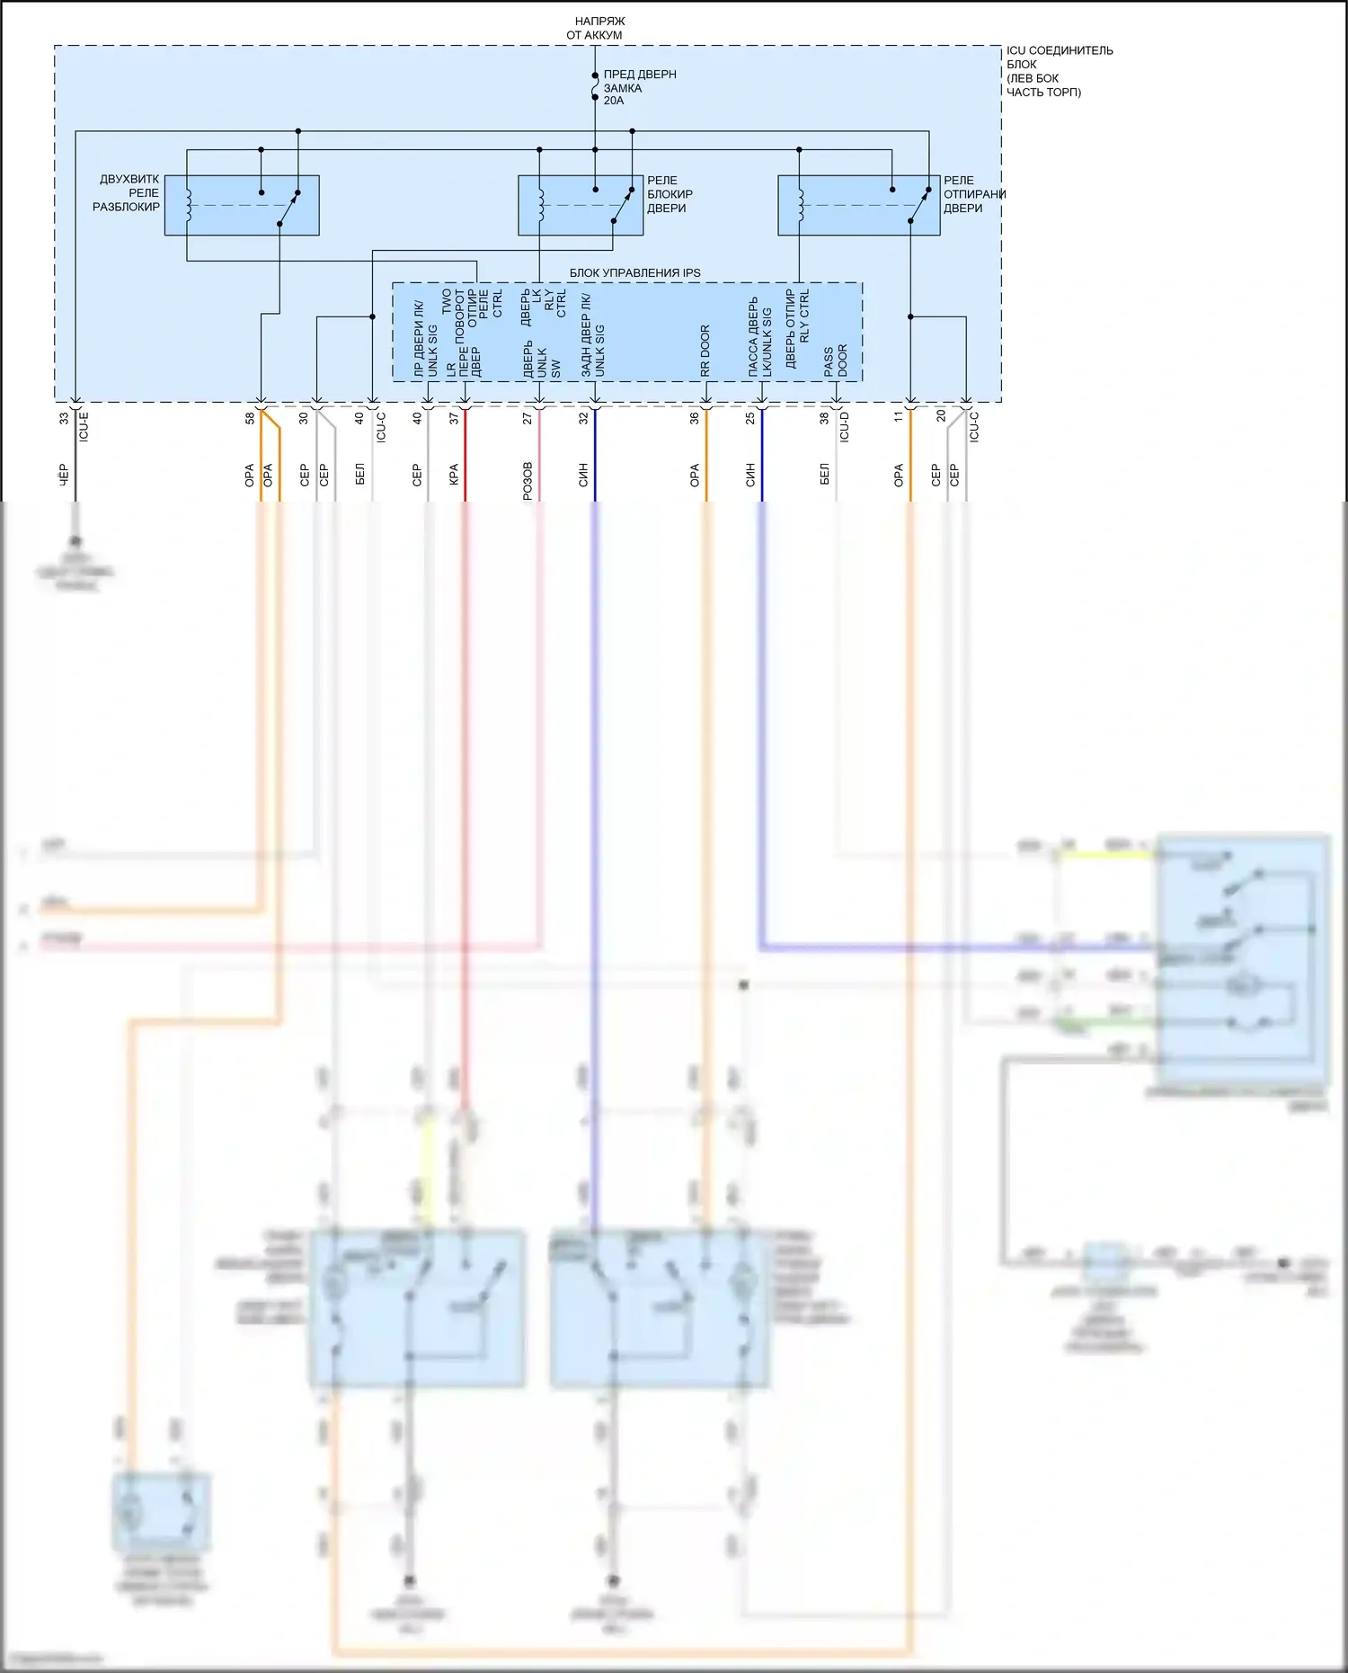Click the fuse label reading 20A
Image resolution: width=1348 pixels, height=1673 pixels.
(x=614, y=101)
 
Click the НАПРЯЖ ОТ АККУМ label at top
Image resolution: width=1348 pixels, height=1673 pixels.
(x=595, y=28)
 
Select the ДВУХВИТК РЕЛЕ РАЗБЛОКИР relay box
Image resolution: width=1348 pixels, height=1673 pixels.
(x=242, y=206)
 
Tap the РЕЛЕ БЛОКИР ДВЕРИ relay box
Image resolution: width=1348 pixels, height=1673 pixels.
(x=581, y=206)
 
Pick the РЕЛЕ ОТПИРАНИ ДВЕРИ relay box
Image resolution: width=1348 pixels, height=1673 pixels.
(x=858, y=206)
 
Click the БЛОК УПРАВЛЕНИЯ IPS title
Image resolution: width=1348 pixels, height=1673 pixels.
(x=634, y=272)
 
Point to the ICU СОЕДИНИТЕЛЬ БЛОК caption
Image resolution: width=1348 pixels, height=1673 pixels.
(x=1059, y=71)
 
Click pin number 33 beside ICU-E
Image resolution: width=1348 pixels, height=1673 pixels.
(x=64, y=419)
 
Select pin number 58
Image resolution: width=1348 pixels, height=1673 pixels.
(x=250, y=419)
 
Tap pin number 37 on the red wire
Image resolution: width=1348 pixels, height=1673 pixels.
(x=454, y=419)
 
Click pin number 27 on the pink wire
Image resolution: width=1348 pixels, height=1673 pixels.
(x=528, y=419)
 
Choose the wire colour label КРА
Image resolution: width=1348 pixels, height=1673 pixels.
(x=454, y=475)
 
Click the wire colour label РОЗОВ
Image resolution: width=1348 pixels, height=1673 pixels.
(x=528, y=481)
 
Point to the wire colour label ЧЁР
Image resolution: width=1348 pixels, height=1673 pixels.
(x=64, y=475)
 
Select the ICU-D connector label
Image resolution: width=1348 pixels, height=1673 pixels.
(x=844, y=426)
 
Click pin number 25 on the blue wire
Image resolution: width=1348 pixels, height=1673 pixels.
(x=750, y=419)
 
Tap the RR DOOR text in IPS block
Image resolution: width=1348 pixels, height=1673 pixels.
(x=705, y=351)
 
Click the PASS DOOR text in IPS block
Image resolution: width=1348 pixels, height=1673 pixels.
(x=836, y=360)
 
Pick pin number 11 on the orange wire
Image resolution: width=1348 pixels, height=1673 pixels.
(x=899, y=417)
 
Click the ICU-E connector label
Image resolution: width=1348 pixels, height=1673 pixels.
(x=84, y=426)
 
